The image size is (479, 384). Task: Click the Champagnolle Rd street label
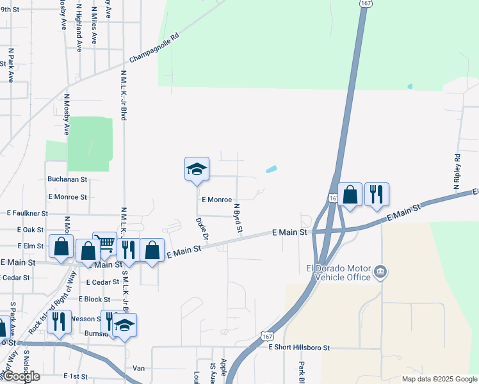(156, 49)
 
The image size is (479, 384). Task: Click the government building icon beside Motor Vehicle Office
(380, 272)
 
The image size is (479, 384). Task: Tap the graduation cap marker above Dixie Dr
(197, 170)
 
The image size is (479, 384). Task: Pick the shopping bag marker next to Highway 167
(350, 195)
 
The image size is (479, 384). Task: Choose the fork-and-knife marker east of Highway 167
(377, 195)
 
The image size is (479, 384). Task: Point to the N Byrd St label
(238, 218)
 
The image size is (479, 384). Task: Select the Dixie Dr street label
(202, 229)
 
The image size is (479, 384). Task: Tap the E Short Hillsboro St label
(298, 348)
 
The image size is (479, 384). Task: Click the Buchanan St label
(67, 180)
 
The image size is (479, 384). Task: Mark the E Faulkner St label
(28, 212)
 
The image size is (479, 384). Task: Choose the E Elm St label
(30, 246)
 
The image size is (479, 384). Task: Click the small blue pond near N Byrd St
(271, 170)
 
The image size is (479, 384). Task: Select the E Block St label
(94, 299)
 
